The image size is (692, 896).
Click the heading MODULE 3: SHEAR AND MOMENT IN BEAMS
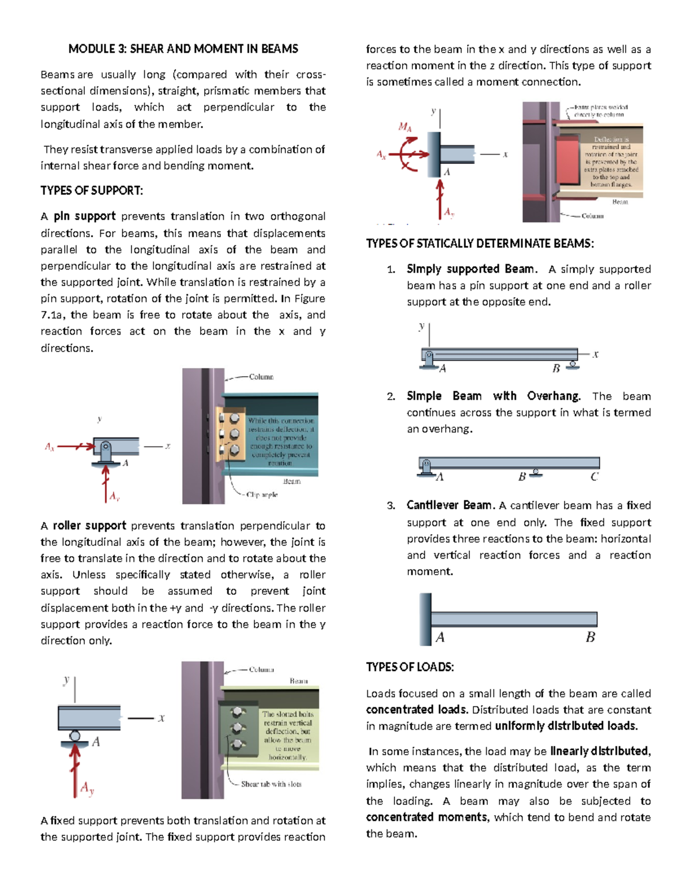tap(183, 49)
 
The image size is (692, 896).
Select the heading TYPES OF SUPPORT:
tap(92, 191)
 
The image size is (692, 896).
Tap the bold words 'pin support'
tap(85, 216)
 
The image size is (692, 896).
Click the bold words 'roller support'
tap(89, 526)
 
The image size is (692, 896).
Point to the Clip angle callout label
tap(262, 495)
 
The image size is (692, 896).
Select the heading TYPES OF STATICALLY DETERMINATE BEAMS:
tap(480, 243)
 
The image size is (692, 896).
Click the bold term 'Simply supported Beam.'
tap(472, 269)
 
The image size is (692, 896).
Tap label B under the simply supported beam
tap(556, 369)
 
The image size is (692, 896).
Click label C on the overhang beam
tap(594, 477)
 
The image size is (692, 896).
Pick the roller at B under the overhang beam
tap(536, 472)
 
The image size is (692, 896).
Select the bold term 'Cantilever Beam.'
tap(450, 505)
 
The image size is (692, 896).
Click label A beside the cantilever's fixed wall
tap(440, 638)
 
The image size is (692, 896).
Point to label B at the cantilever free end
tap(590, 638)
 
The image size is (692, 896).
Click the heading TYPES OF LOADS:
tap(409, 668)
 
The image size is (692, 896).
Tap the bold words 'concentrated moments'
tap(426, 818)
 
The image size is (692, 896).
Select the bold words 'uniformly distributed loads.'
tap(566, 726)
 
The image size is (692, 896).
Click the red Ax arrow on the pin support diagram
tap(75, 446)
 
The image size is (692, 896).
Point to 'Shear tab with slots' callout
tap(271, 784)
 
